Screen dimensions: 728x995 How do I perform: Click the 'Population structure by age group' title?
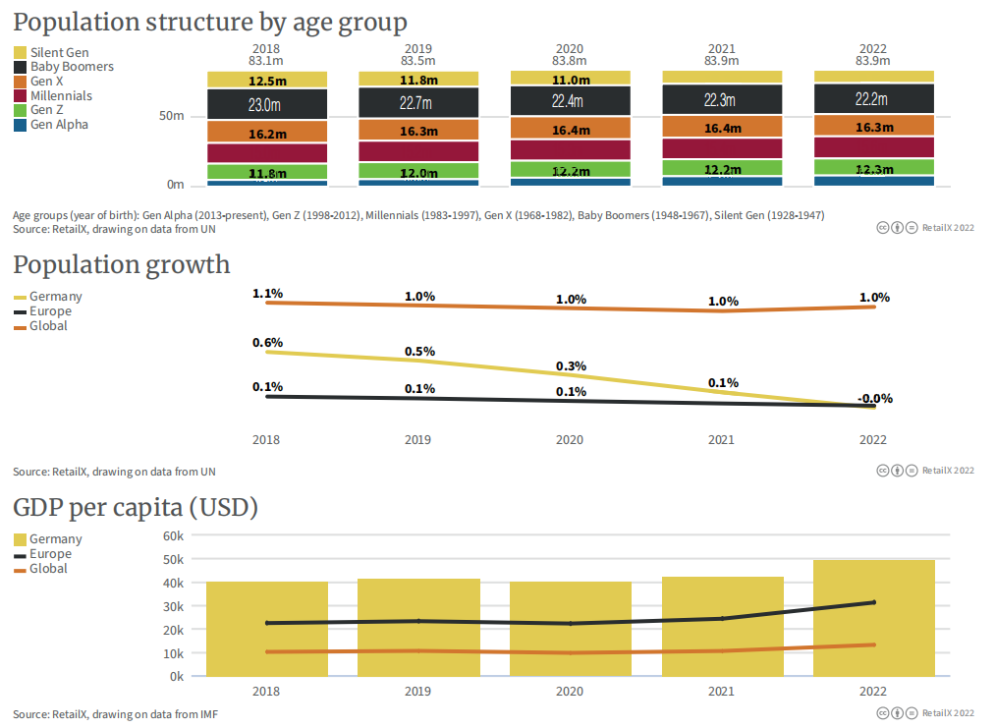click(x=209, y=22)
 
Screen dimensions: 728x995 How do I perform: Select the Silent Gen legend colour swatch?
click(x=20, y=52)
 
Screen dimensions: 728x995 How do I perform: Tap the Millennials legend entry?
click(x=61, y=96)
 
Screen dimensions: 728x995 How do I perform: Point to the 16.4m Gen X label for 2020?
click(x=571, y=130)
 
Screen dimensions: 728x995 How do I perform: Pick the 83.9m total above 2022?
click(x=873, y=61)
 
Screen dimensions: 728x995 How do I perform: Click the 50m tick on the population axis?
click(x=172, y=116)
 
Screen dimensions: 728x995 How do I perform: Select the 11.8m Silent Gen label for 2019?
click(x=418, y=80)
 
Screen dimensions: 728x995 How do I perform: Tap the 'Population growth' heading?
click(x=121, y=264)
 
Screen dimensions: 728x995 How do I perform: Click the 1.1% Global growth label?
click(x=267, y=293)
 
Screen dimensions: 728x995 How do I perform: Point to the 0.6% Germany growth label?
click(x=267, y=342)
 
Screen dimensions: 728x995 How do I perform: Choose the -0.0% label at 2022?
click(x=874, y=398)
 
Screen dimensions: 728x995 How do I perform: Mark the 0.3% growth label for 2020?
click(x=571, y=365)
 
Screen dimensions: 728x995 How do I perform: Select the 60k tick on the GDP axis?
click(x=173, y=536)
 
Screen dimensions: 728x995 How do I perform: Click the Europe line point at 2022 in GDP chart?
click(x=873, y=602)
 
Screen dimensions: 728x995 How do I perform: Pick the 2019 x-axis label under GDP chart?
click(x=417, y=692)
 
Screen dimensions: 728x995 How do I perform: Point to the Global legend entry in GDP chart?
click(x=48, y=569)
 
